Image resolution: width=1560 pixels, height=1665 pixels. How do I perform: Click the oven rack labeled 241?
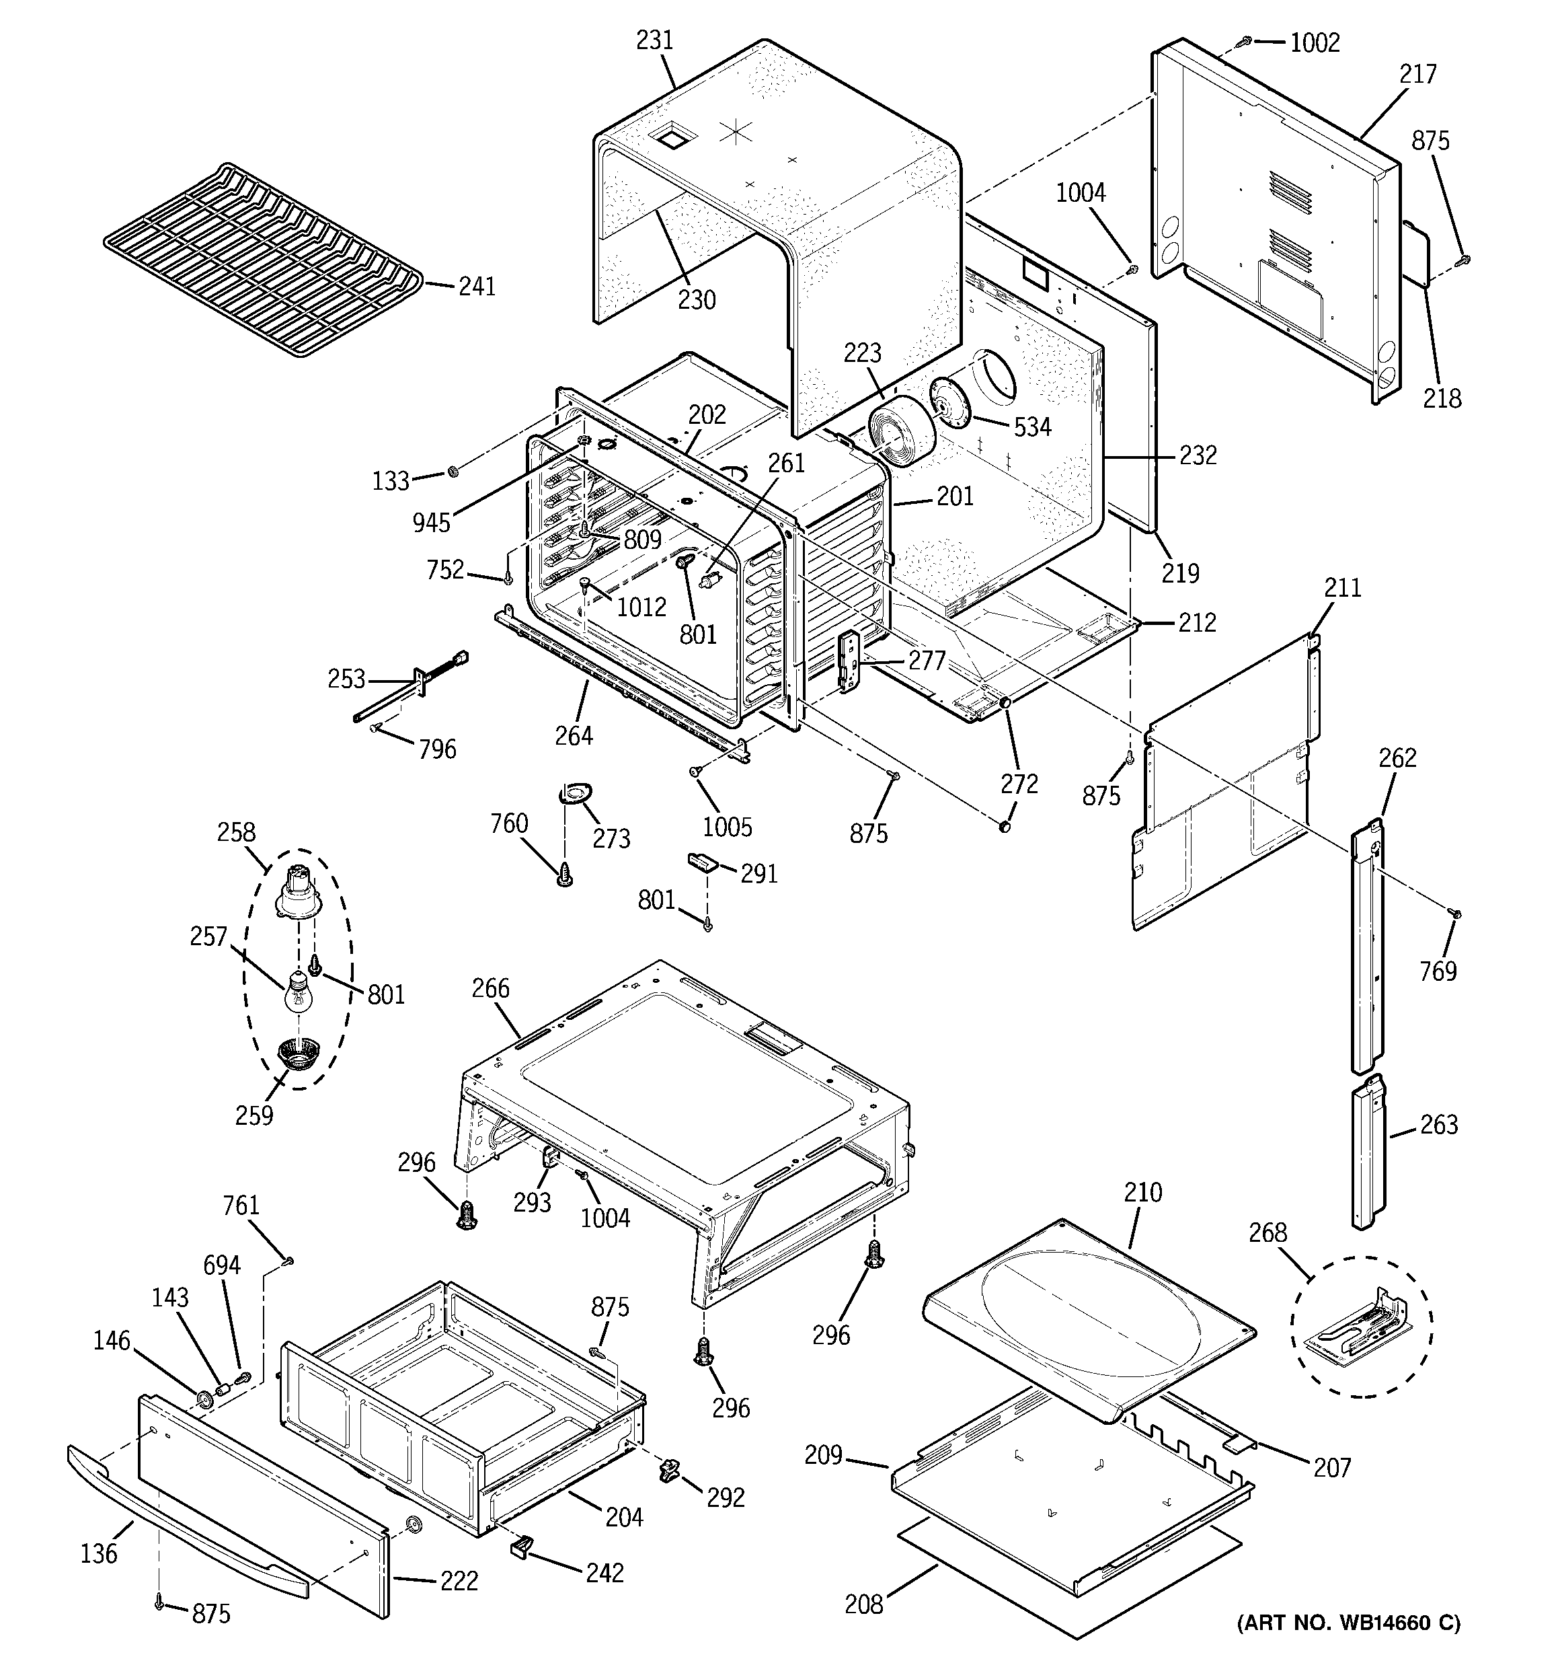264,258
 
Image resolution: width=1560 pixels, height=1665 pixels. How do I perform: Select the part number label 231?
655,40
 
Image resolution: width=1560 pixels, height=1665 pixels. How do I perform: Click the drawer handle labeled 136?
184,1522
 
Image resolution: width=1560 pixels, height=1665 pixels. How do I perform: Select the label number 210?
1143,1193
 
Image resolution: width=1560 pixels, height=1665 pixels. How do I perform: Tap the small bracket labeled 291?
703,862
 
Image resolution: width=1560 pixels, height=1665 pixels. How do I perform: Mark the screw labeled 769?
1454,914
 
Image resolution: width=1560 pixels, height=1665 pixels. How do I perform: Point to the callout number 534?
1031,427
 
